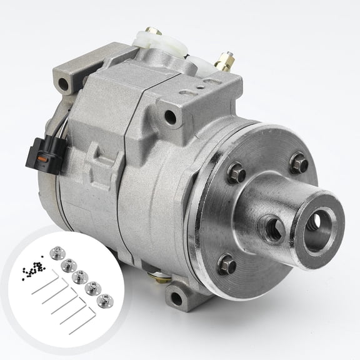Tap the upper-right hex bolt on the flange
(297, 164)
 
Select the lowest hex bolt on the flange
(227, 266)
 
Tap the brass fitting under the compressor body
(152, 273)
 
